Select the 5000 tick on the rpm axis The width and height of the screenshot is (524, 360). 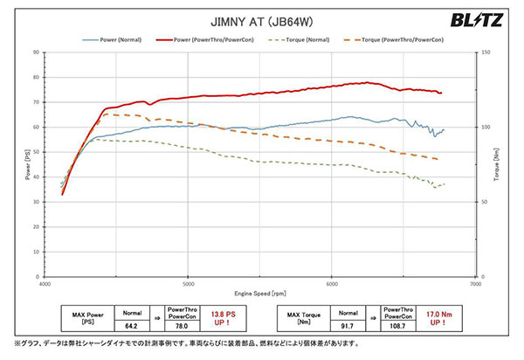coord(188,285)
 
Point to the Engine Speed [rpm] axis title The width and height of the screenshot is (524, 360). coord(260,294)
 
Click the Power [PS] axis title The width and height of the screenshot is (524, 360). coord(26,165)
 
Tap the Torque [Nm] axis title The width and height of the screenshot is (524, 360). coord(498,165)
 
